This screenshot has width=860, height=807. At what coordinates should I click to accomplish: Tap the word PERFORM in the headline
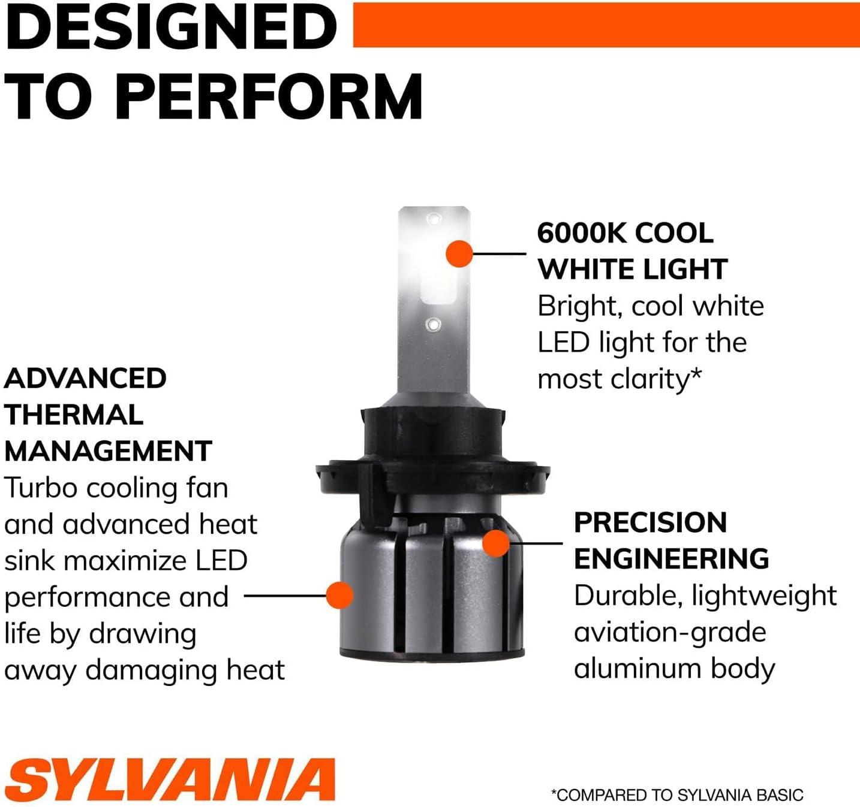coord(269,96)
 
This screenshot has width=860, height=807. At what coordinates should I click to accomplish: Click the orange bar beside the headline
coord(606,25)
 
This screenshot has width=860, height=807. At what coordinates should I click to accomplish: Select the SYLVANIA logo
coord(170,779)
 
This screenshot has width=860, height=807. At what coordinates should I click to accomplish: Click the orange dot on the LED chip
coord(459,253)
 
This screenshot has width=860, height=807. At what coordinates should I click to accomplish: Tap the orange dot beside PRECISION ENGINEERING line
coord(496,543)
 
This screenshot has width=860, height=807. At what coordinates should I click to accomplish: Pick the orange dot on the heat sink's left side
coord(339,595)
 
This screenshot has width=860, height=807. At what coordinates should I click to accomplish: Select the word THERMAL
coord(74,415)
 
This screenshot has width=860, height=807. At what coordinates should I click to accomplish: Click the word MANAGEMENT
coord(108,451)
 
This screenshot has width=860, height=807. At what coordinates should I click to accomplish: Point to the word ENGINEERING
coord(672,558)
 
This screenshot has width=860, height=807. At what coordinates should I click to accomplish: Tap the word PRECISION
coord(651,522)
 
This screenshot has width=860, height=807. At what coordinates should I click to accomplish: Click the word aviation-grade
coord(670,633)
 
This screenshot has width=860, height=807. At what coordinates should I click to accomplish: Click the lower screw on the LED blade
coord(433,324)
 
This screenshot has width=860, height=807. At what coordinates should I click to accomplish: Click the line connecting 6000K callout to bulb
coord(500,253)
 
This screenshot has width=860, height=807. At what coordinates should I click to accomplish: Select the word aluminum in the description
coord(638,669)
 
